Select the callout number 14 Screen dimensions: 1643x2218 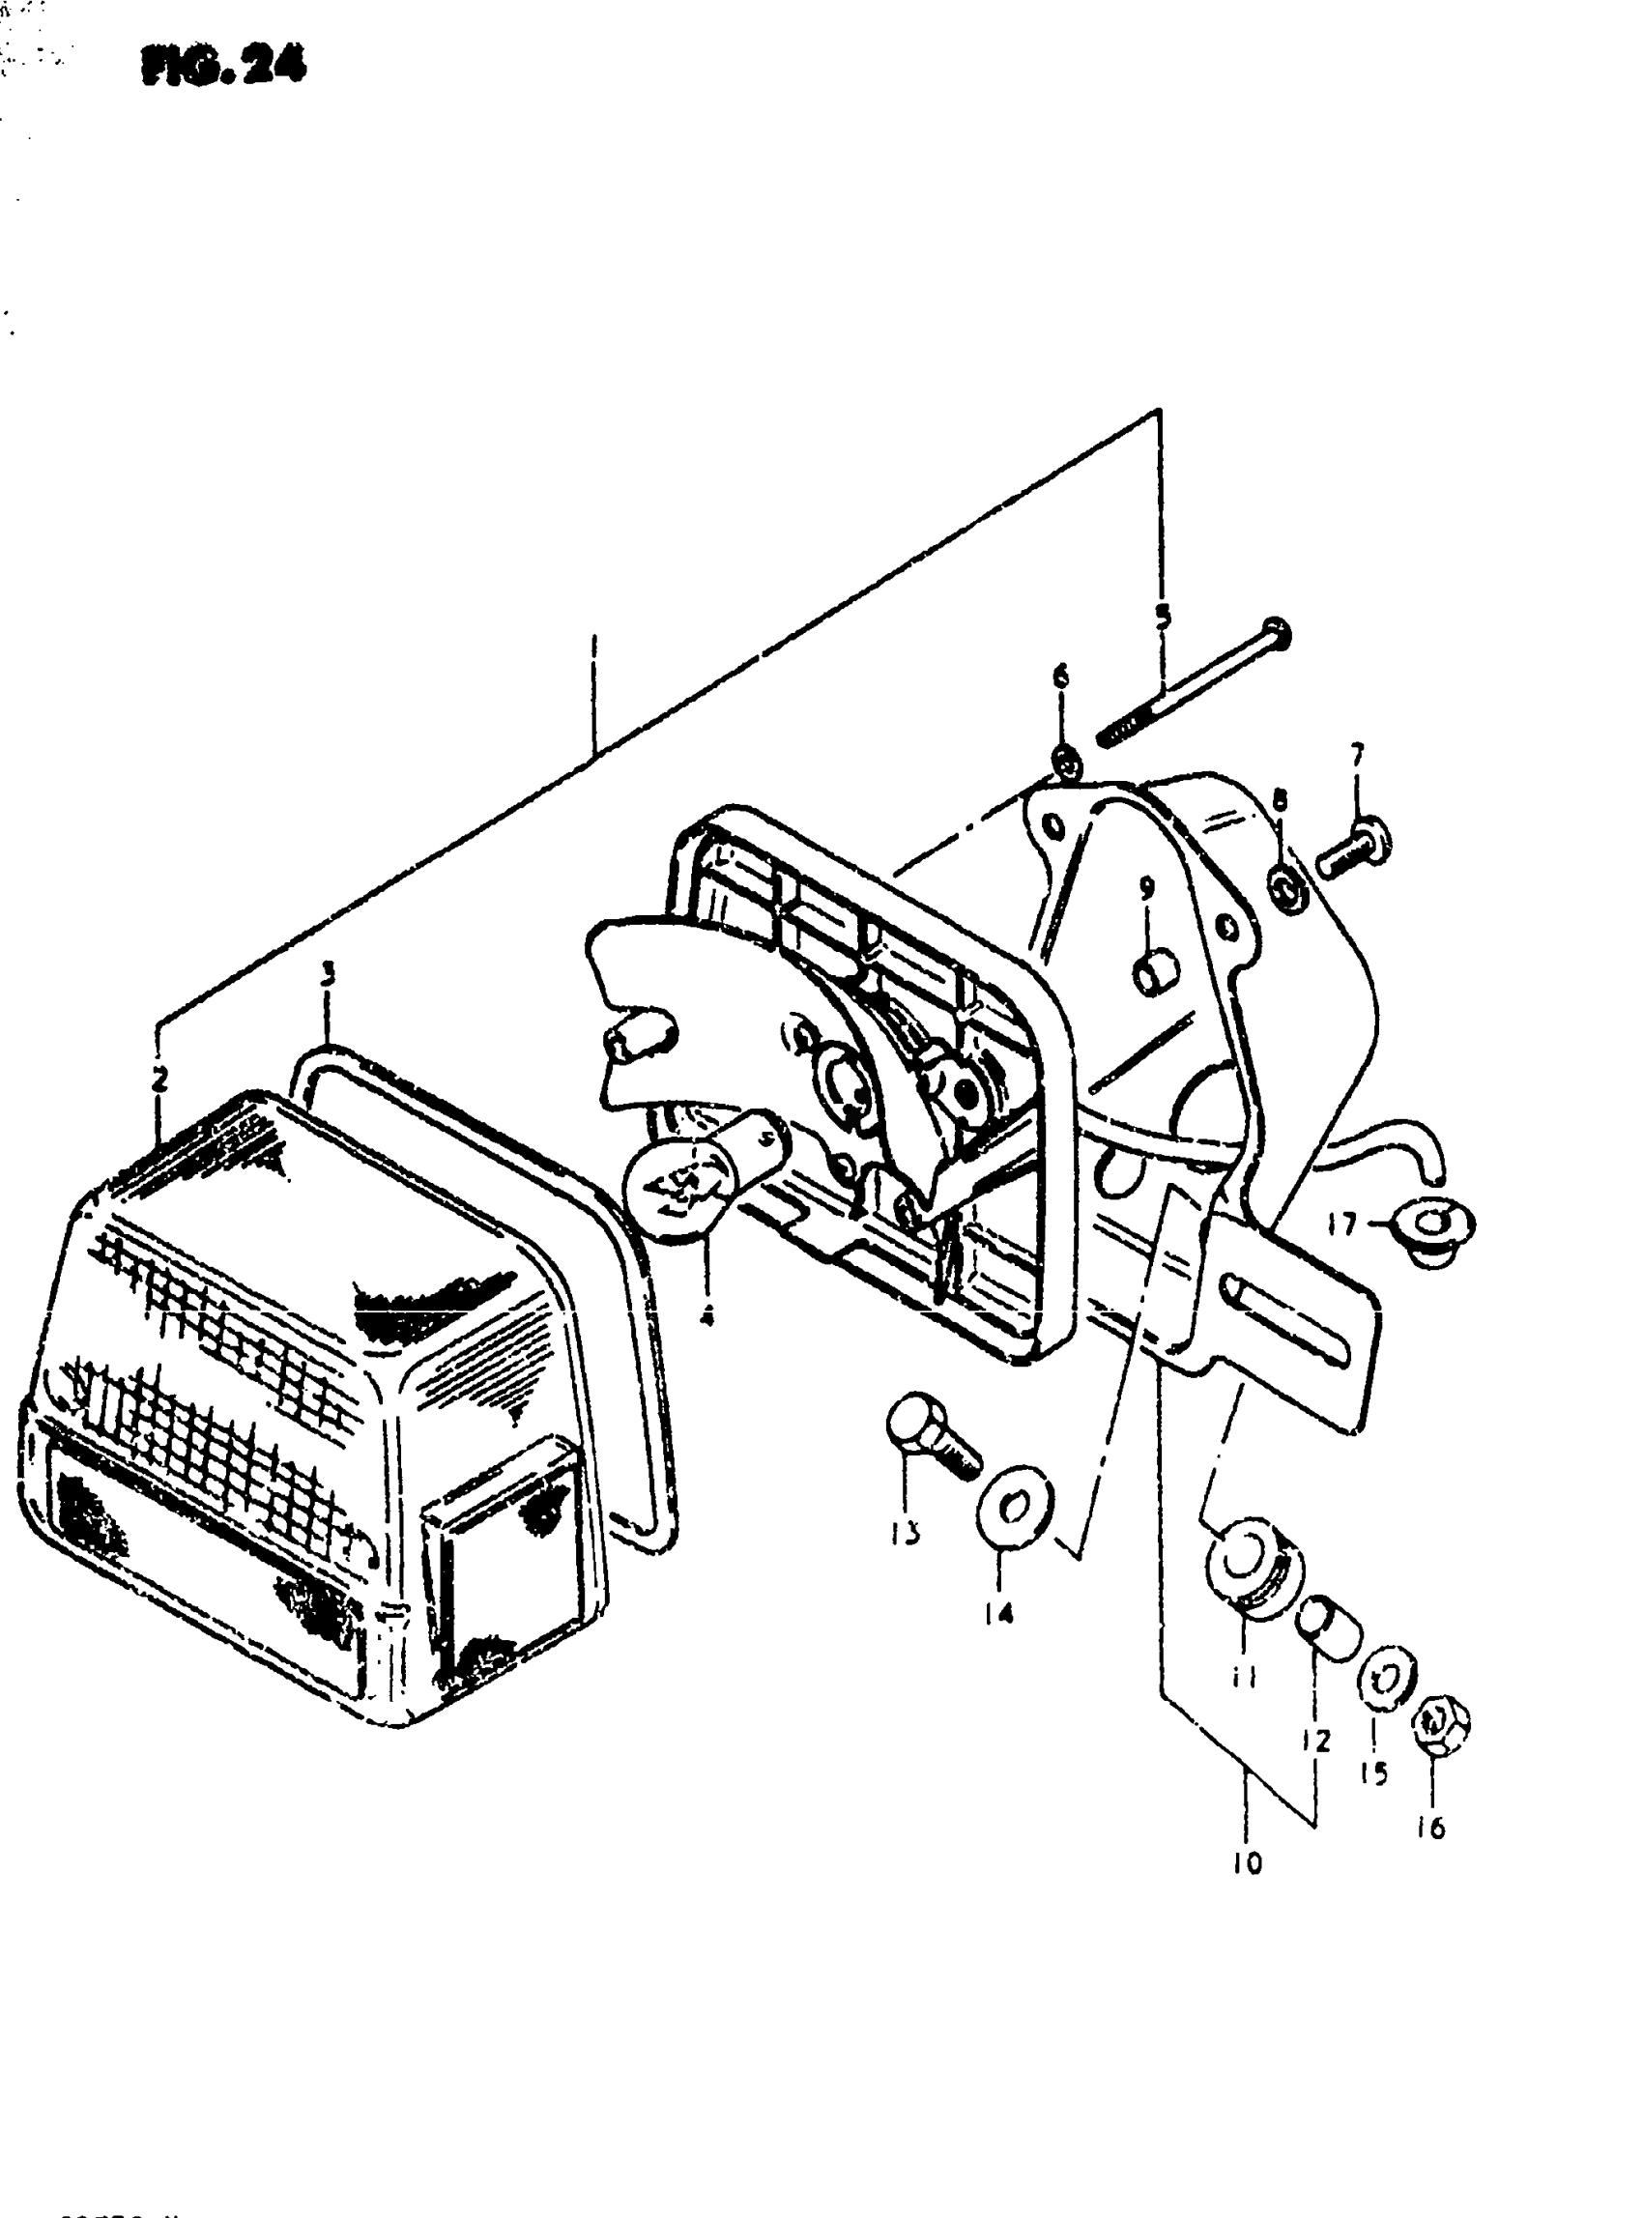pyautogui.click(x=999, y=1613)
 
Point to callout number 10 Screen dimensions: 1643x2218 pyautogui.click(x=1247, y=1863)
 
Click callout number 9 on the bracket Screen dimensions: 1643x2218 pyautogui.click(x=1147, y=887)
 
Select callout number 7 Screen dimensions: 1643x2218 pyautogui.click(x=1357, y=755)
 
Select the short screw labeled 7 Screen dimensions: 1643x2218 pyautogui.click(x=1355, y=849)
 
